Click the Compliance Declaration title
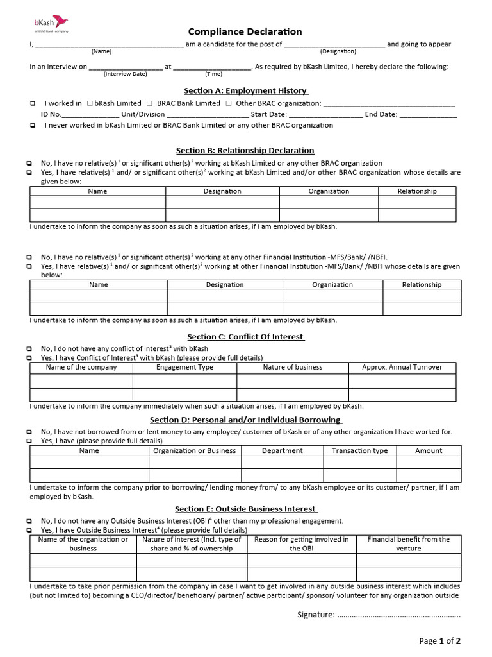click(x=245, y=31)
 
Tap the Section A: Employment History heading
click(x=245, y=90)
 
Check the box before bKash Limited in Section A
click(x=90, y=103)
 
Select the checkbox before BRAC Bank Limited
click(x=149, y=103)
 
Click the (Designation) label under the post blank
click(x=334, y=50)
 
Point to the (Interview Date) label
click(x=126, y=73)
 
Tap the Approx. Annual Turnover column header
click(x=402, y=367)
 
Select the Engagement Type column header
click(x=184, y=367)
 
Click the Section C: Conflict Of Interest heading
click(x=245, y=336)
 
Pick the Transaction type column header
click(x=359, y=450)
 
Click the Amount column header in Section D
click(x=429, y=450)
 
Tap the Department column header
click(x=283, y=450)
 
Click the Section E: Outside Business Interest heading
click(x=245, y=509)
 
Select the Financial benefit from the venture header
click(x=408, y=543)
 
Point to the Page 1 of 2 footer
click(x=440, y=640)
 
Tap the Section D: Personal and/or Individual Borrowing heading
click(x=245, y=420)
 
